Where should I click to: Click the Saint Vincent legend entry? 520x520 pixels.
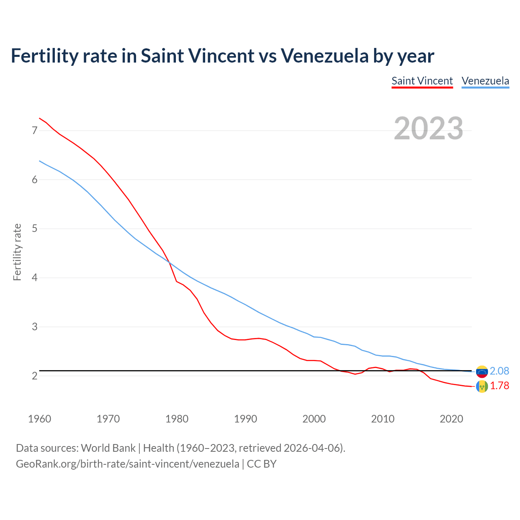click(x=422, y=81)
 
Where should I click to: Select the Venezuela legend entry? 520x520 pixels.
click(x=485, y=81)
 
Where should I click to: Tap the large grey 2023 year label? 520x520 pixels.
click(x=428, y=128)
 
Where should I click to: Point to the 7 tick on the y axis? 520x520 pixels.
click(x=35, y=130)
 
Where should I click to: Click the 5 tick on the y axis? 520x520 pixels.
click(x=35, y=229)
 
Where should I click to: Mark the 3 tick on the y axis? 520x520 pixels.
click(x=35, y=327)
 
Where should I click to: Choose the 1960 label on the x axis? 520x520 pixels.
click(x=39, y=419)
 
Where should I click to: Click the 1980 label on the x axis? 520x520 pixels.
click(x=177, y=419)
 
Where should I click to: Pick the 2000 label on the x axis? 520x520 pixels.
click(x=314, y=419)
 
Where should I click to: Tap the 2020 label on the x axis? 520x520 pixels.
click(x=451, y=419)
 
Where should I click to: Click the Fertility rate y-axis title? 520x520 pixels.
click(x=17, y=252)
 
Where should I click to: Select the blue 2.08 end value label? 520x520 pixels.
click(x=499, y=371)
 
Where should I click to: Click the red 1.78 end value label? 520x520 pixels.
click(x=499, y=386)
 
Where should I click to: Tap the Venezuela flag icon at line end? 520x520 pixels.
click(x=482, y=371)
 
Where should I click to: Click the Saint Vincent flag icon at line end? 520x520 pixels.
click(x=482, y=386)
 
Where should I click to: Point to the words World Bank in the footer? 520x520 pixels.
click(x=108, y=448)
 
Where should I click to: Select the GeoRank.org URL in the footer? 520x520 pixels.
click(x=128, y=464)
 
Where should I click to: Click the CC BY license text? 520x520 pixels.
click(x=262, y=464)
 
